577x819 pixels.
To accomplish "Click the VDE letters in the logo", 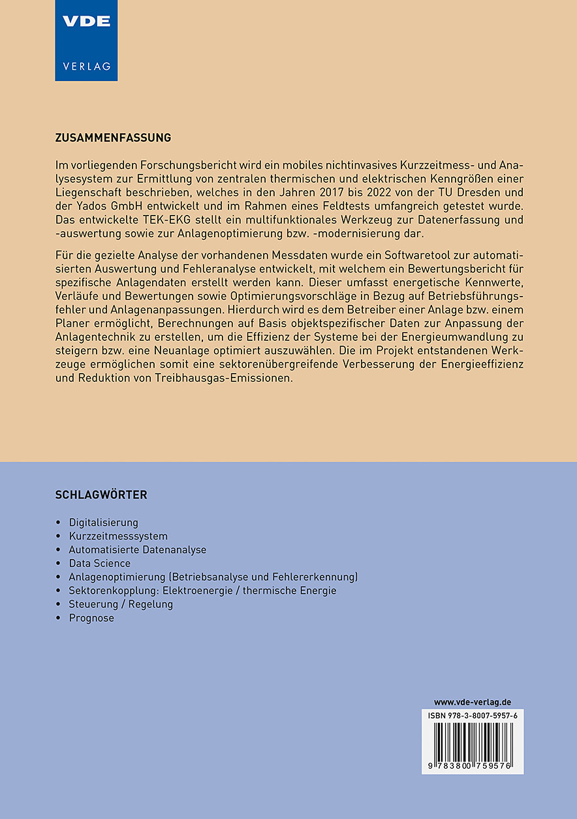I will (86, 21).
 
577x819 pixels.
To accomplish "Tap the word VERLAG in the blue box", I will (86, 66).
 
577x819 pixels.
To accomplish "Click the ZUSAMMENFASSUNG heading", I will (113, 138).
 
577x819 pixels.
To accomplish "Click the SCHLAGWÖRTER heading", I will (101, 495).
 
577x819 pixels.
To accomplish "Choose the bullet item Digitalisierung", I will (104, 522).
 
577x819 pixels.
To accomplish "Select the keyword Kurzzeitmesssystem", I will (118, 536).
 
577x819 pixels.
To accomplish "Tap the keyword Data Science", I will (100, 563).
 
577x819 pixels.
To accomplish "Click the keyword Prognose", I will (91, 618).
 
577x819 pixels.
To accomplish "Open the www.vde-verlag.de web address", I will (473, 702).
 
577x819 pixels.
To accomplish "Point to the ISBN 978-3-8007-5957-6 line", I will (473, 716).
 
